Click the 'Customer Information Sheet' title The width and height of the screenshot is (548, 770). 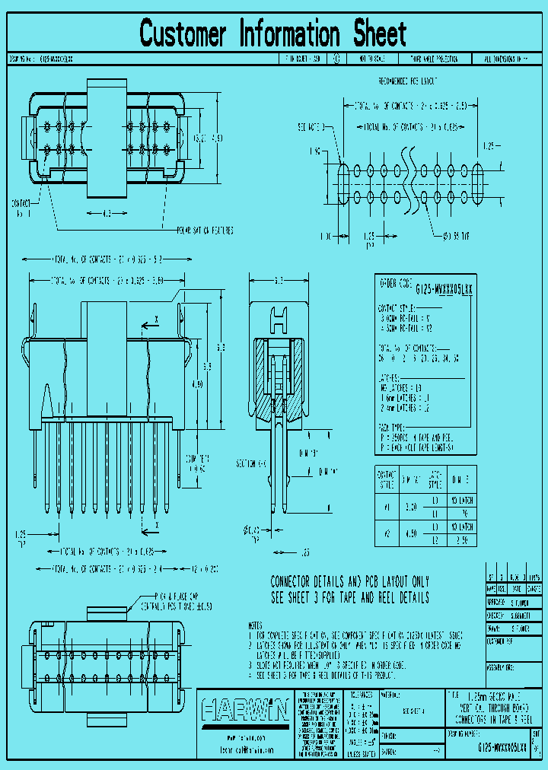pyautogui.click(x=273, y=33)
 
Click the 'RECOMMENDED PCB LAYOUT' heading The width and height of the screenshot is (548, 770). pyautogui.click(x=408, y=81)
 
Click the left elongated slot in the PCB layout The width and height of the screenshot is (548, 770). pyautogui.click(x=342, y=183)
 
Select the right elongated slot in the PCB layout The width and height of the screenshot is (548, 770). pyautogui.click(x=478, y=183)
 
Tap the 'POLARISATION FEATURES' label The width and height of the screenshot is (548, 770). pyautogui.click(x=205, y=228)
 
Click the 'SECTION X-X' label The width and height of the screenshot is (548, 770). pyautogui.click(x=251, y=463)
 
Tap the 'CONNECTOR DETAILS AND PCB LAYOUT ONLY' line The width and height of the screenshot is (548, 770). pyautogui.click(x=349, y=581)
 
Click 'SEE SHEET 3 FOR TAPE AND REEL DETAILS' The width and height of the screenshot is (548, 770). pyautogui.click(x=349, y=598)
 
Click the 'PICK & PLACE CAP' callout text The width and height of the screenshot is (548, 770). pyautogui.click(x=179, y=597)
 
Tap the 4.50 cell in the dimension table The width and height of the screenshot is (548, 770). pyautogui.click(x=410, y=533)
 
